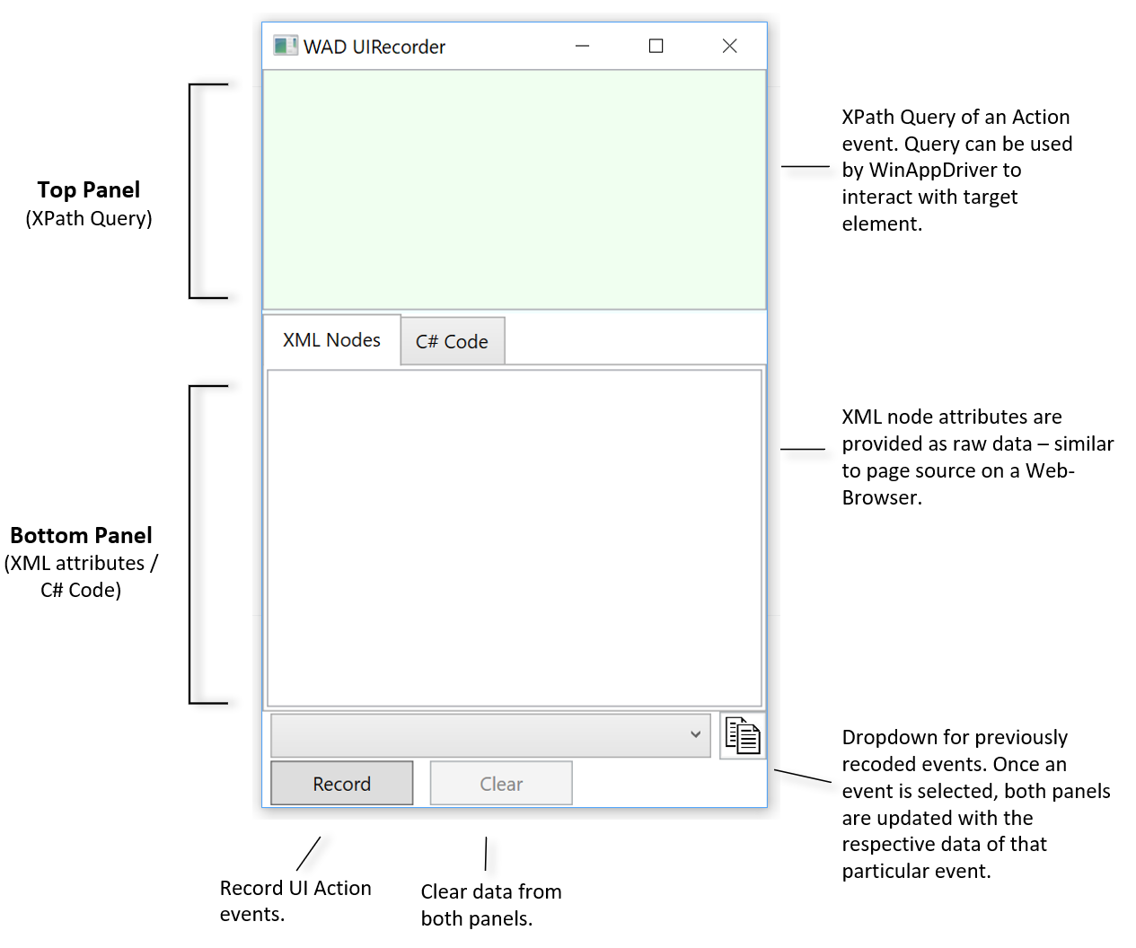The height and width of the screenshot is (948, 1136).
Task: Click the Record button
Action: pyautogui.click(x=341, y=784)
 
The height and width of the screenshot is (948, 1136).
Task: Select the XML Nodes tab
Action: pyautogui.click(x=331, y=340)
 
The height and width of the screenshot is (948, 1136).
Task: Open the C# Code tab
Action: pyautogui.click(x=452, y=342)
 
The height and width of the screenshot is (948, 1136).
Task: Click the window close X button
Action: pyautogui.click(x=729, y=46)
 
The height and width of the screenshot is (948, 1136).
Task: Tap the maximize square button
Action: pyautogui.click(x=656, y=46)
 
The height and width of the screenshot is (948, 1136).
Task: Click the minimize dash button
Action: pyautogui.click(x=582, y=46)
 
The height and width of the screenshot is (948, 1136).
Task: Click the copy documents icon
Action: pyautogui.click(x=743, y=736)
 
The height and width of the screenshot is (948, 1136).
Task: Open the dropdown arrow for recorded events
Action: pyautogui.click(x=695, y=734)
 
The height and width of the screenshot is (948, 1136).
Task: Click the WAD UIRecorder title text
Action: pyautogui.click(x=374, y=47)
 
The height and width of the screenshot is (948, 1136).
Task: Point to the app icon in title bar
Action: pyautogui.click(x=285, y=46)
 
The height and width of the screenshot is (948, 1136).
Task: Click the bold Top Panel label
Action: pyautogui.click(x=89, y=190)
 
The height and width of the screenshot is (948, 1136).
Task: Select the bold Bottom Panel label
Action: pyautogui.click(x=81, y=536)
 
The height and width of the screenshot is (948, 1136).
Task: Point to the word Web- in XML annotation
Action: pyautogui.click(x=1050, y=471)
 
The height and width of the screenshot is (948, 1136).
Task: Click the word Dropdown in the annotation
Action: pyautogui.click(x=884, y=738)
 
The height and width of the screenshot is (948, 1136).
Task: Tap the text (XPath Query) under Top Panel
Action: pyautogui.click(x=89, y=219)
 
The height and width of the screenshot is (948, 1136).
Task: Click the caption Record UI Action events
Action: pyautogui.click(x=295, y=900)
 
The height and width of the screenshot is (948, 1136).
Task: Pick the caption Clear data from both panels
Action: pyautogui.click(x=490, y=905)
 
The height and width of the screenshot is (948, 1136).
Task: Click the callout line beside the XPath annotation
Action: pyautogui.click(x=805, y=166)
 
